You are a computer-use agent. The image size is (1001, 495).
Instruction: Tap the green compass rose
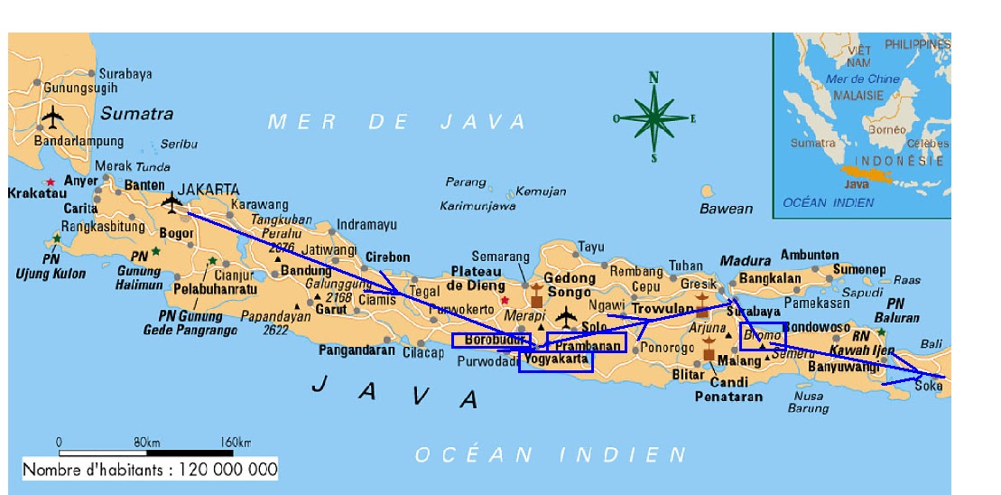coord(654,117)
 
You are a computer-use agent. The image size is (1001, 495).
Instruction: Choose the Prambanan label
coord(588,345)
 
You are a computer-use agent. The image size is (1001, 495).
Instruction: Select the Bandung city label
coord(306,270)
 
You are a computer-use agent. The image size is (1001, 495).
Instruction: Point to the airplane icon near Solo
coord(566,316)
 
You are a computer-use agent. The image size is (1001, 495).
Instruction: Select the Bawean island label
coord(726,209)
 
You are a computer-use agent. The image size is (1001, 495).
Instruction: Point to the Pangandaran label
coord(357,350)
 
